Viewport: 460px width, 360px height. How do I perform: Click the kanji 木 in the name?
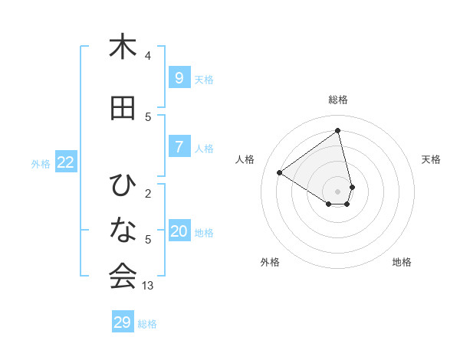pos(123,47)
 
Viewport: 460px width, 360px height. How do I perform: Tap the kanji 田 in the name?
pos(123,109)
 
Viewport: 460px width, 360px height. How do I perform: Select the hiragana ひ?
pos(123,185)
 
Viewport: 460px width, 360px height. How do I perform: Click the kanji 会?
pos(123,276)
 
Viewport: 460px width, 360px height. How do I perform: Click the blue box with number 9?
pos(179,78)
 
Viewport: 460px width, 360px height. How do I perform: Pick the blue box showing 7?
pos(179,148)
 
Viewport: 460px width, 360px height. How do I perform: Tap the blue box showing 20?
pos(179,232)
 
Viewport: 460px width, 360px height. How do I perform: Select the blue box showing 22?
pos(66,162)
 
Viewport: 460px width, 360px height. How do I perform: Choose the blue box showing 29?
pos(123,322)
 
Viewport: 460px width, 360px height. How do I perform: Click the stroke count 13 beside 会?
pos(148,286)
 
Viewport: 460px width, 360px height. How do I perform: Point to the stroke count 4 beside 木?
pos(148,56)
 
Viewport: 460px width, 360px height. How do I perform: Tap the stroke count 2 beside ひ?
pos(148,194)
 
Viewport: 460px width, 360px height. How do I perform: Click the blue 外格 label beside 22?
pos(41,163)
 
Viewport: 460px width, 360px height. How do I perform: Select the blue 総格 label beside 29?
pos(147,324)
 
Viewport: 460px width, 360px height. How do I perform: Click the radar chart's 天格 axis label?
pos(432,159)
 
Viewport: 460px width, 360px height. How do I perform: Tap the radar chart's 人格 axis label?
pos(245,159)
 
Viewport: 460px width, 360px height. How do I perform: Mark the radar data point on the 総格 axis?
pos(338,130)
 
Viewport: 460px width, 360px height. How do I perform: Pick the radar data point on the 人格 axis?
pos(279,172)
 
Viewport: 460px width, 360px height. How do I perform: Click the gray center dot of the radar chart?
pos(338,191)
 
